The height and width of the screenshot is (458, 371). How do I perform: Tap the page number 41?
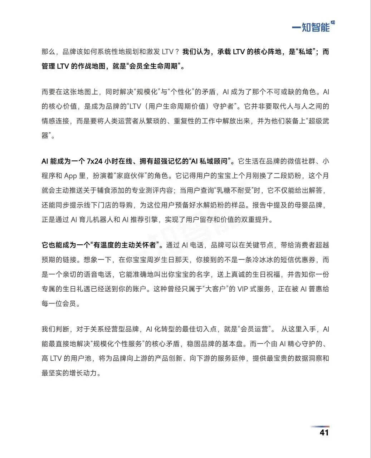point(324,432)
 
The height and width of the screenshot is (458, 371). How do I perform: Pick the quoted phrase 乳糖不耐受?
point(236,191)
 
